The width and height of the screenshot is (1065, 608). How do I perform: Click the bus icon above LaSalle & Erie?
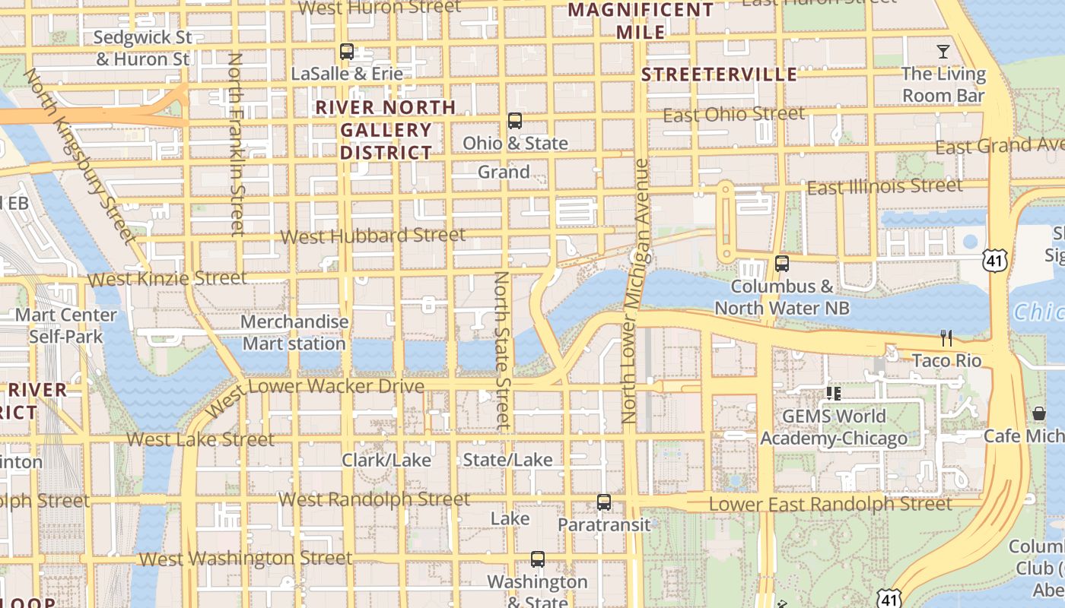(347, 52)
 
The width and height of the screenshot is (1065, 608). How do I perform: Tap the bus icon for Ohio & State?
(515, 121)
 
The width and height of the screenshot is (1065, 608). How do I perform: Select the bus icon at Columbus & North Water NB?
(781, 264)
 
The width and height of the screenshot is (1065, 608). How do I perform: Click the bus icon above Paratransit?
(604, 502)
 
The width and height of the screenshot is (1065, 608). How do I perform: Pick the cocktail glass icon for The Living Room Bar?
(943, 52)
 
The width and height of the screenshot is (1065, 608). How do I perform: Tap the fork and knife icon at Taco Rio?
(946, 337)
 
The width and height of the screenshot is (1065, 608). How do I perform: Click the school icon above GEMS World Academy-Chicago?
(834, 394)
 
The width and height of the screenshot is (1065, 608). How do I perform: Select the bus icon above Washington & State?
(538, 559)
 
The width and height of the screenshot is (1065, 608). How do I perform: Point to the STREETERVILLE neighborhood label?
(719, 74)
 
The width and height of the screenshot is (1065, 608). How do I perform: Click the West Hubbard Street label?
(373, 236)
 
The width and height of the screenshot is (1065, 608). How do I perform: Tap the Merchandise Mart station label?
(294, 333)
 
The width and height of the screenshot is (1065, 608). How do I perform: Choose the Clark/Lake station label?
(386, 460)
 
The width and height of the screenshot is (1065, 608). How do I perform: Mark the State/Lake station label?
(508, 460)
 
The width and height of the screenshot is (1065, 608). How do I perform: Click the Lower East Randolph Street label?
(830, 505)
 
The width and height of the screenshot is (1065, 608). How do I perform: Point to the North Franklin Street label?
(237, 144)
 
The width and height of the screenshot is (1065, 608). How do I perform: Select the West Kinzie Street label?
(167, 279)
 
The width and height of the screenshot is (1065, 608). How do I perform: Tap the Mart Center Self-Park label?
(66, 325)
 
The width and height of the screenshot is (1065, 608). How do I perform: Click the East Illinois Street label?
(884, 186)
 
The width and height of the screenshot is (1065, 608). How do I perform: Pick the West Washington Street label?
(246, 559)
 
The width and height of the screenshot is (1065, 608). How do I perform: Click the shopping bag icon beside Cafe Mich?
(1039, 414)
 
